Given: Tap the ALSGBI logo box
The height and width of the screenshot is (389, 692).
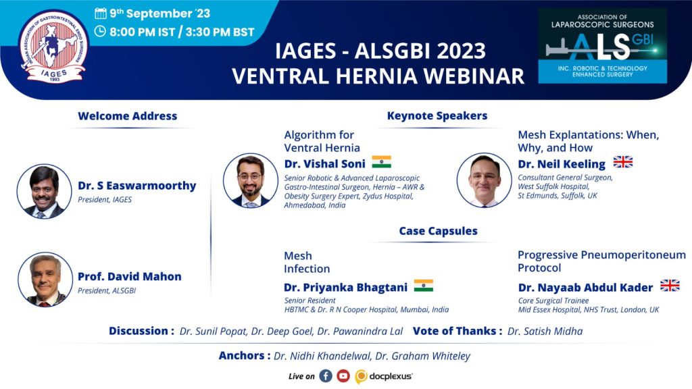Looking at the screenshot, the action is pos(602,45).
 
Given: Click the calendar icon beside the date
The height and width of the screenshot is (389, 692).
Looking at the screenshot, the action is pos(101,14).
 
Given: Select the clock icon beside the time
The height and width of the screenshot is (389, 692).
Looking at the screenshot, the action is pos(100,31).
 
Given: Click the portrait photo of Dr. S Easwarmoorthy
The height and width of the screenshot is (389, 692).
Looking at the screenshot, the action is pos(44,191).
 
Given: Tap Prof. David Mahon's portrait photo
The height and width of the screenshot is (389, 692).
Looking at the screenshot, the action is pos(45,280).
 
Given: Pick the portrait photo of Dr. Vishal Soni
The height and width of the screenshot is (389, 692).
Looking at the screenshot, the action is pos(251,180).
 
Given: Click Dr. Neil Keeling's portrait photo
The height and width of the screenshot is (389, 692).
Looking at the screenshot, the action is pos(484,180).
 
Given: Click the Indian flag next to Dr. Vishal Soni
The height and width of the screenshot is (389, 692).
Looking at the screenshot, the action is pos(381,162).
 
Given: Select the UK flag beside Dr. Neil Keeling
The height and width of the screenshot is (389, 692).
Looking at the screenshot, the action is pos(622,162).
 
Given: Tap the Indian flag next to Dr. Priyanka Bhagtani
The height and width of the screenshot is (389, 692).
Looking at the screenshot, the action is pos(423,286).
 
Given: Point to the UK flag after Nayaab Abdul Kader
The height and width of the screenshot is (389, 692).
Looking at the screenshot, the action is pos(670,286).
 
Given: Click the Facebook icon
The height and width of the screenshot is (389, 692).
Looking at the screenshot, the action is pos(326,375).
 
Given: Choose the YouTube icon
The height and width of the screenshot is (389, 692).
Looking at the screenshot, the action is pos(343,375).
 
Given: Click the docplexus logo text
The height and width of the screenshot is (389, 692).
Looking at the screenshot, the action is pos(391,376).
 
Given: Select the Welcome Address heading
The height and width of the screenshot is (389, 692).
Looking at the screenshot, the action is pos(128,116).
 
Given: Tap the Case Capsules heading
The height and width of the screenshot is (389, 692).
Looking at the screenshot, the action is pos(438,231).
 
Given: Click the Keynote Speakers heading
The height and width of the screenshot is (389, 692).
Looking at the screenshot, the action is pos(437,115).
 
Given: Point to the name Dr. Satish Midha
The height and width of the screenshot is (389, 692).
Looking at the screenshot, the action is pos(545,331).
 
